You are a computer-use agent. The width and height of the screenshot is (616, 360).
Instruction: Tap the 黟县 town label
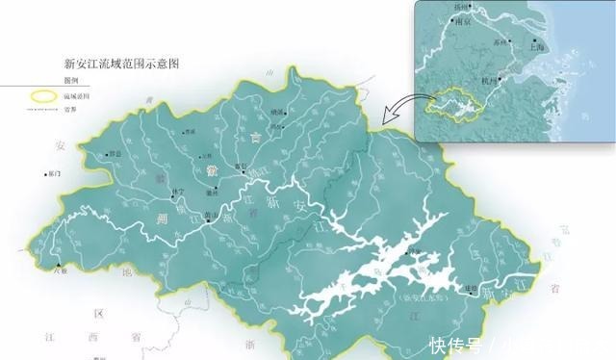117,153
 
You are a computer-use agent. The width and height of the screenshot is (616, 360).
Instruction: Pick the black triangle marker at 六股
59,266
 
